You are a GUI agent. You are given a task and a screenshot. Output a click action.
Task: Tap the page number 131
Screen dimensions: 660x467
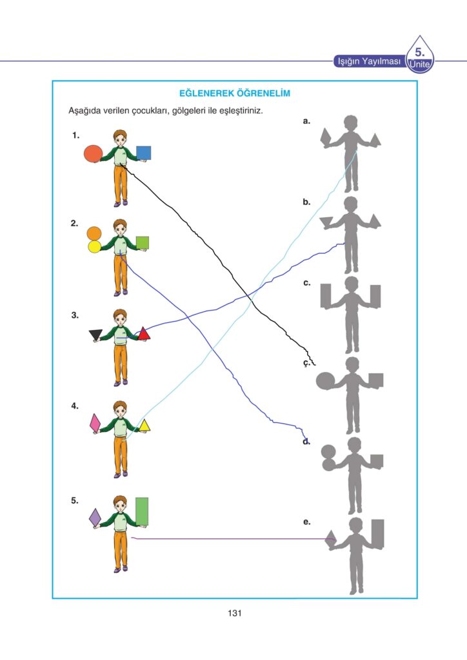[x=234, y=613]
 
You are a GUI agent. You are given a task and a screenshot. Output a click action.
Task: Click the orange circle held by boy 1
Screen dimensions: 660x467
[x=93, y=153]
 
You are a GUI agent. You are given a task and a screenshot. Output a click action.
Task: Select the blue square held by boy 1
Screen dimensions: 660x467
[x=143, y=153]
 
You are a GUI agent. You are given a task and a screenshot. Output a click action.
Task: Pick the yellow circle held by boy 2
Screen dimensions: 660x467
[x=94, y=246]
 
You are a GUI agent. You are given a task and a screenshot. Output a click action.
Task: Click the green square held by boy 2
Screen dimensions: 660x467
[x=143, y=242]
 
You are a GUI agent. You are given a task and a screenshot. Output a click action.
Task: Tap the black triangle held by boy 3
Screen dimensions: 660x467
[x=95, y=334]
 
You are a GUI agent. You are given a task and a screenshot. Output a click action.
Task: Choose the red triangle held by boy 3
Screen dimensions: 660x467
[x=144, y=333]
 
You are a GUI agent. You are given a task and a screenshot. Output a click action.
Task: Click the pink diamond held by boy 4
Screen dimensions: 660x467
[x=95, y=422]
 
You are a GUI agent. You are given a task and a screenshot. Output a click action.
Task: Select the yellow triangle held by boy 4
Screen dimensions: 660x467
[x=144, y=425]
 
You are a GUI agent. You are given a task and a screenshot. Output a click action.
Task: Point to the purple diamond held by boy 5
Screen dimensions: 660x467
[x=95, y=516]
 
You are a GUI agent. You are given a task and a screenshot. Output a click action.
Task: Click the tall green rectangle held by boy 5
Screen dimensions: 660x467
[x=143, y=510]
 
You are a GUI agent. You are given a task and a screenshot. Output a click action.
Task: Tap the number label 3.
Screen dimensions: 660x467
[x=75, y=315]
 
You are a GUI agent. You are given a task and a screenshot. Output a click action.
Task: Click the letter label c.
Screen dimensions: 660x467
[x=306, y=282]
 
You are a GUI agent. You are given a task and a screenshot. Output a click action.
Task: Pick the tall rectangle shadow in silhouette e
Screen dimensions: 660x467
[x=377, y=532]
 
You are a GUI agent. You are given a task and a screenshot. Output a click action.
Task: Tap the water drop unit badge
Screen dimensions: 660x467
[x=420, y=55]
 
